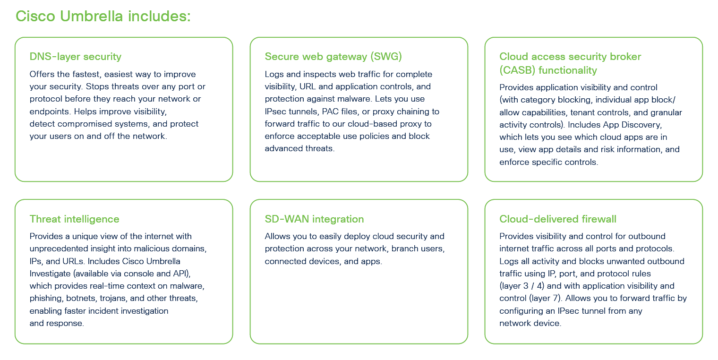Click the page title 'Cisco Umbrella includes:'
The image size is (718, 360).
pos(103,16)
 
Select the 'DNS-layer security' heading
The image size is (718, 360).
pos(76,57)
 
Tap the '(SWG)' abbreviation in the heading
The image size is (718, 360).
pos(386,57)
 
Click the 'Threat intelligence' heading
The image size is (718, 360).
pos(74,219)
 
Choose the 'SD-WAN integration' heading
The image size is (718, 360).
pos(314,219)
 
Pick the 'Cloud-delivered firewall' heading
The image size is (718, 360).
pos(557,219)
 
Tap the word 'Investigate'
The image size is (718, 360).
pos(50,274)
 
